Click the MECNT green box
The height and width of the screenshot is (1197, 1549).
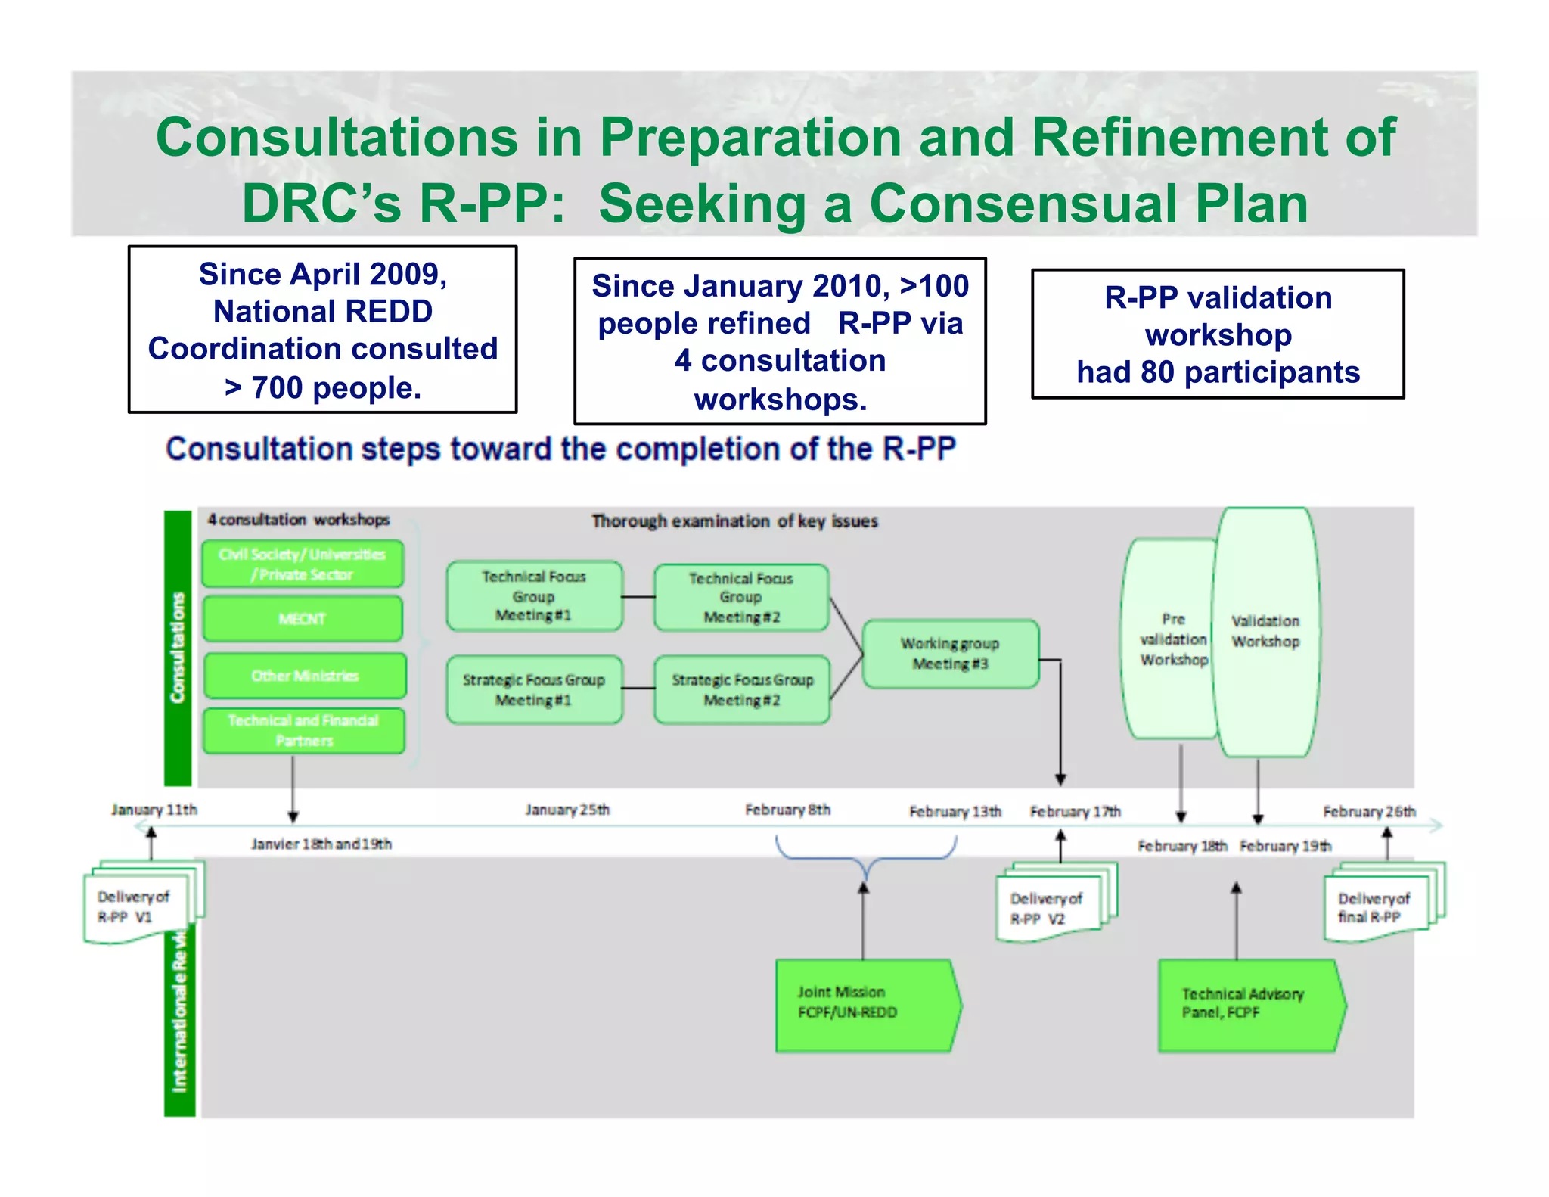pyautogui.click(x=303, y=619)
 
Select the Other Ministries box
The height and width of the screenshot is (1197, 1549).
pyautogui.click(x=305, y=676)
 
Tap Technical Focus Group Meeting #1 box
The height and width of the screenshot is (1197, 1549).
pyautogui.click(x=534, y=596)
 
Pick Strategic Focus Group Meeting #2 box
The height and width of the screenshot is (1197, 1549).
pyautogui.click(x=742, y=689)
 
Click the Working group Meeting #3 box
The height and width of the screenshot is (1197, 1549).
pyautogui.click(x=950, y=654)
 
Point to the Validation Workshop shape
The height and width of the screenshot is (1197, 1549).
pyautogui.click(x=1266, y=632)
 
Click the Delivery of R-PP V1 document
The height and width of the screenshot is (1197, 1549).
pyautogui.click(x=136, y=906)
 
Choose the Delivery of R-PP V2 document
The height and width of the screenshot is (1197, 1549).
pyautogui.click(x=1051, y=908)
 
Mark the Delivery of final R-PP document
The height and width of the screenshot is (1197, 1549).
pyautogui.click(x=1376, y=907)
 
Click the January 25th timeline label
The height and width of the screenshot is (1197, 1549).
pyautogui.click(x=567, y=810)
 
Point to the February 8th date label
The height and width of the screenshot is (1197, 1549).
pyautogui.click(x=787, y=810)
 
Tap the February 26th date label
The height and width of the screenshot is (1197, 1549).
pyautogui.click(x=1369, y=811)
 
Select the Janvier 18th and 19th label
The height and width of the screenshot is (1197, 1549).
pyautogui.click(x=321, y=844)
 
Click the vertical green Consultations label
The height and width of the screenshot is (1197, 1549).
pyautogui.click(x=178, y=648)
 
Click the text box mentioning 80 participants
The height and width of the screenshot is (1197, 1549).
pyautogui.click(x=1218, y=334)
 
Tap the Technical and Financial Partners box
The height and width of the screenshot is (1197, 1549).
pyautogui.click(x=304, y=730)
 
